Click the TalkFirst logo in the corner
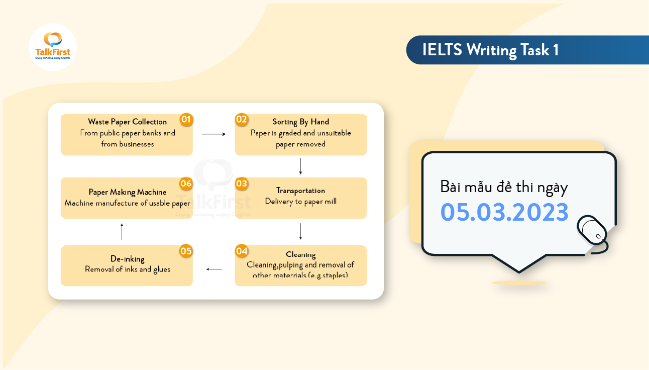click(x=53, y=47)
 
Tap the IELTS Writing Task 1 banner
click(x=490, y=50)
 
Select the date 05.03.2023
click(x=504, y=212)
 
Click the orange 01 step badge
click(x=186, y=120)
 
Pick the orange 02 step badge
click(x=242, y=120)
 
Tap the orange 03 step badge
click(x=242, y=183)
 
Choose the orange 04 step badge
click(x=242, y=251)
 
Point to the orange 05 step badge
click(x=186, y=251)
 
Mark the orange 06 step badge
click(x=186, y=183)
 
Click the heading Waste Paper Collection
click(x=127, y=122)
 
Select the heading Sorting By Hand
click(x=301, y=122)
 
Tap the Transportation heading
click(x=300, y=191)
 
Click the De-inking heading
click(x=128, y=259)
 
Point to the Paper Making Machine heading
click(x=128, y=192)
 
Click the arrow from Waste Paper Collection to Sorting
click(x=214, y=134)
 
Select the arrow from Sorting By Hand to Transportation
click(x=300, y=166)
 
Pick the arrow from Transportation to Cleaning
click(x=300, y=231)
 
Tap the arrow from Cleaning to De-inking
click(x=214, y=269)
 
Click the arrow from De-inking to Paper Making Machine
click(x=122, y=231)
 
